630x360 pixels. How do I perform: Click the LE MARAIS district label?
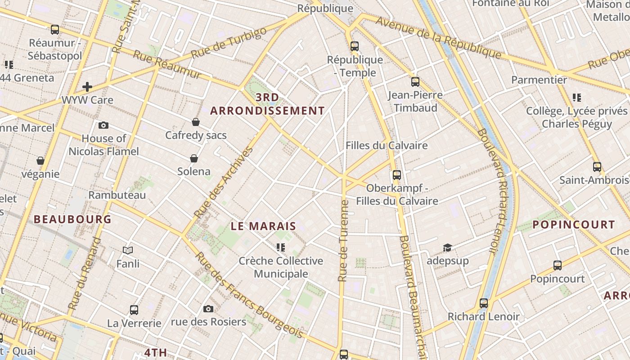point(263,226)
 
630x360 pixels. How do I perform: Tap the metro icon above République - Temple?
point(355,46)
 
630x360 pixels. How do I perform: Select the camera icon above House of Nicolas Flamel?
point(103,125)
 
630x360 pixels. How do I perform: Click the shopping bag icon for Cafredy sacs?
point(196,122)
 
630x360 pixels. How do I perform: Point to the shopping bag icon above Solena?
point(194,158)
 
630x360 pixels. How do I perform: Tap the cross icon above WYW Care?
point(87,86)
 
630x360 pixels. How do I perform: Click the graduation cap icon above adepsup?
point(447,247)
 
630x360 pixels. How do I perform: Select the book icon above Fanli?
point(128,250)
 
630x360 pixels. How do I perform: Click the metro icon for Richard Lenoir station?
point(484,303)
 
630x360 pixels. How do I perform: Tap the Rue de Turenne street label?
point(344,241)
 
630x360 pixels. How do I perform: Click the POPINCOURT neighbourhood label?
point(574,225)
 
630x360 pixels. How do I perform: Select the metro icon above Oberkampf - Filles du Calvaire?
point(396,175)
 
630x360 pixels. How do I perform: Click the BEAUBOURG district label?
point(72,219)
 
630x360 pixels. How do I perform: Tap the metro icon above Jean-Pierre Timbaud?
point(415,82)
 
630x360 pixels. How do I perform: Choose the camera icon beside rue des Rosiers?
point(208,309)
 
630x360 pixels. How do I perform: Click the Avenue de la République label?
point(438,37)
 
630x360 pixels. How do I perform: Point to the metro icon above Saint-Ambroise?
point(597,167)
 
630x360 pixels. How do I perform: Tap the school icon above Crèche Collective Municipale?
point(281,247)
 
